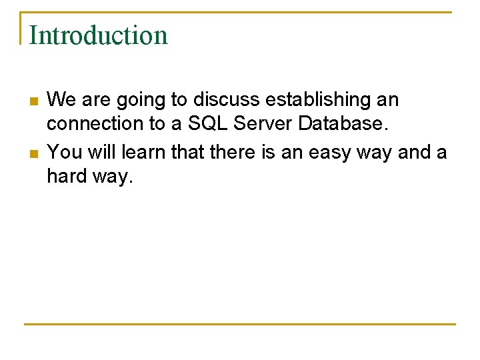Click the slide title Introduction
coord(99,35)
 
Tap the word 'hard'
coord(65,176)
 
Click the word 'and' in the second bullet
coord(414,153)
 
